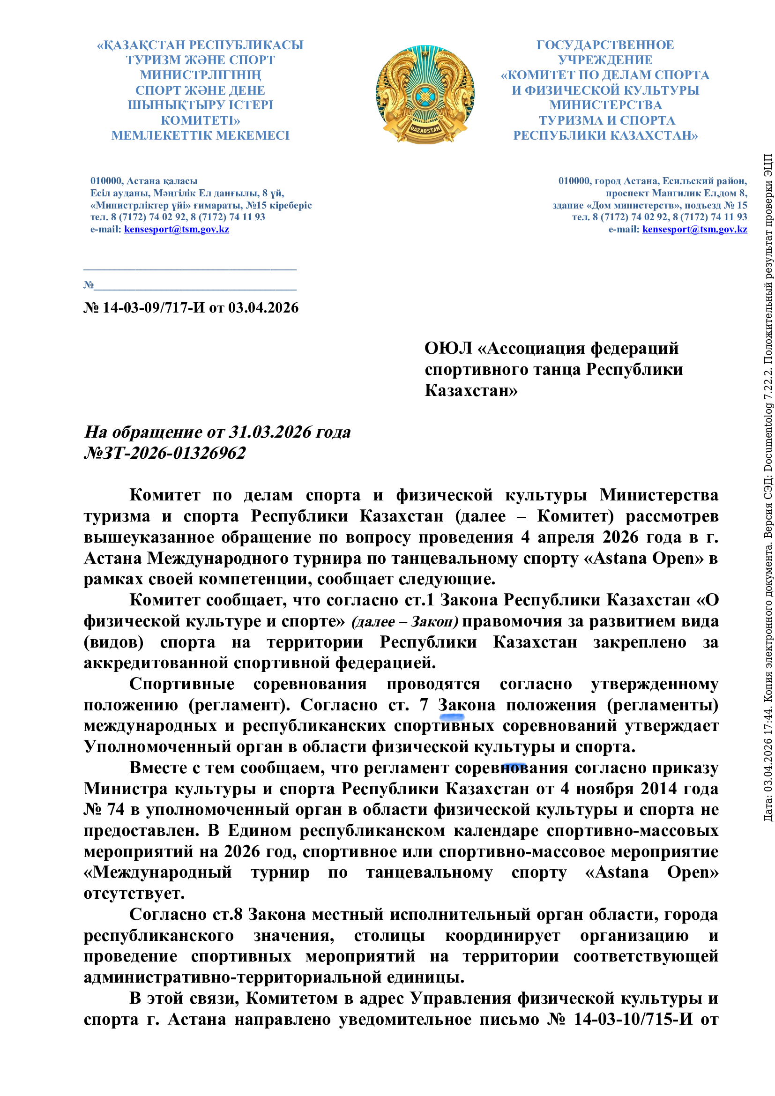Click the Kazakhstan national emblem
pos(425,95)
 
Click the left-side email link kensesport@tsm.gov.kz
pos(176,229)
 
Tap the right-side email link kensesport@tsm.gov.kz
pos(694,229)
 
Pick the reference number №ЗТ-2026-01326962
pos(164,453)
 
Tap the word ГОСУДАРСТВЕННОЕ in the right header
pos(605,45)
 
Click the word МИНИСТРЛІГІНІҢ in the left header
pos(201,75)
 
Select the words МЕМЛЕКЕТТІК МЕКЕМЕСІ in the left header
pos(201,135)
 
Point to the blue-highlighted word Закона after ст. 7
pos(466,705)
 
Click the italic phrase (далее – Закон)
pos(404,621)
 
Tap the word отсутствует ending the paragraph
pos(134,893)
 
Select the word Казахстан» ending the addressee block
pos(471,390)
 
